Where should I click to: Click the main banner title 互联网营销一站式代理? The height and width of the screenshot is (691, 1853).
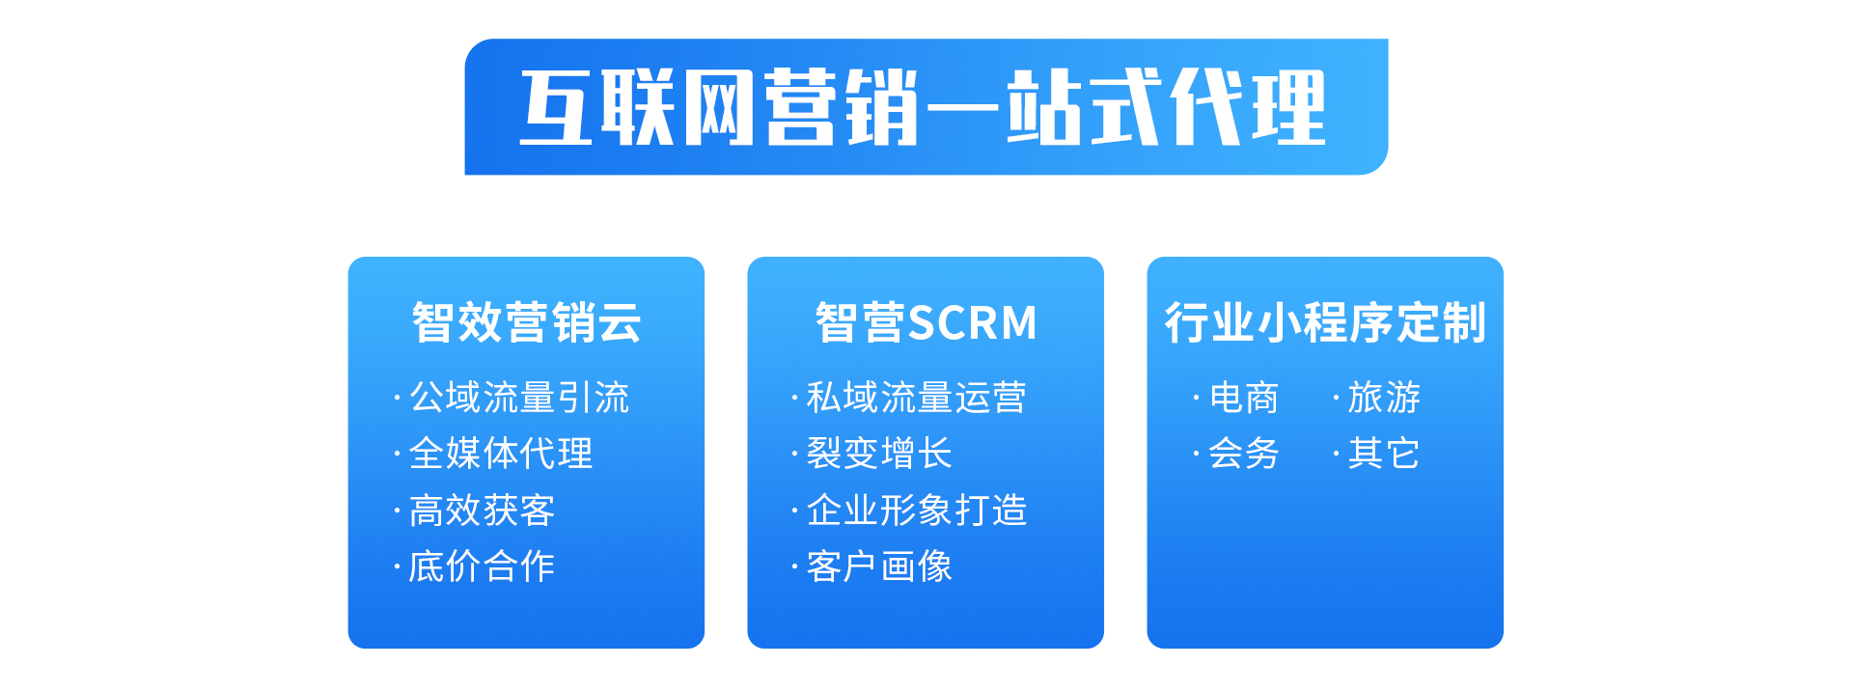pyautogui.click(x=923, y=107)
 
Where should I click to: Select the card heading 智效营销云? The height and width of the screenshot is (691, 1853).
pyautogui.click(x=526, y=322)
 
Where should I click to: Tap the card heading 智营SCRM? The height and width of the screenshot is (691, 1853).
pyautogui.click(x=926, y=322)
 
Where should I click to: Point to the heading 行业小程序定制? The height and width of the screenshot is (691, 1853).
pyautogui.click(x=1325, y=322)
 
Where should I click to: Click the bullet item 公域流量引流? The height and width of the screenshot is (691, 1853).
pyautogui.click(x=519, y=398)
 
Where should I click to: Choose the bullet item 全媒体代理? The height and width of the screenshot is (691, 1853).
pyautogui.click(x=501, y=454)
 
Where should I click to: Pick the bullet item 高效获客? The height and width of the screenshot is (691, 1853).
pyautogui.click(x=482, y=511)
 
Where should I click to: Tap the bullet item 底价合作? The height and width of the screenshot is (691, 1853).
pyautogui.click(x=482, y=567)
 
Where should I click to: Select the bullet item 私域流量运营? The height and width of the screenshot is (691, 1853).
pyautogui.click(x=917, y=398)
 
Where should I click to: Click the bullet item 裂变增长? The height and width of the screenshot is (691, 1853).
pyautogui.click(x=879, y=454)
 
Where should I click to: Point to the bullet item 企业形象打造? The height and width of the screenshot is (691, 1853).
pyautogui.click(x=917, y=511)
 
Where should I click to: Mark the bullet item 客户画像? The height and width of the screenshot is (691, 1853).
pyautogui.click(x=879, y=567)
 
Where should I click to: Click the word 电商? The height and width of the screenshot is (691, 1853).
pyautogui.click(x=1244, y=398)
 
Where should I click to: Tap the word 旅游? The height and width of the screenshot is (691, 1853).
pyautogui.click(x=1384, y=398)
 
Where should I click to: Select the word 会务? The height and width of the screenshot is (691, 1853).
pyautogui.click(x=1244, y=454)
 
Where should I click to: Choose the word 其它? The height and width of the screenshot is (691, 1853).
pyautogui.click(x=1384, y=454)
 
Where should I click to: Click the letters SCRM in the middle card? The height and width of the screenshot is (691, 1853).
pyautogui.click(x=973, y=323)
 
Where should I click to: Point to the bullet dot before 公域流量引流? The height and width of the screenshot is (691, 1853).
pyautogui.click(x=397, y=398)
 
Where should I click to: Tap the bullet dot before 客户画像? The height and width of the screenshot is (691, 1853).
pyautogui.click(x=794, y=567)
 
